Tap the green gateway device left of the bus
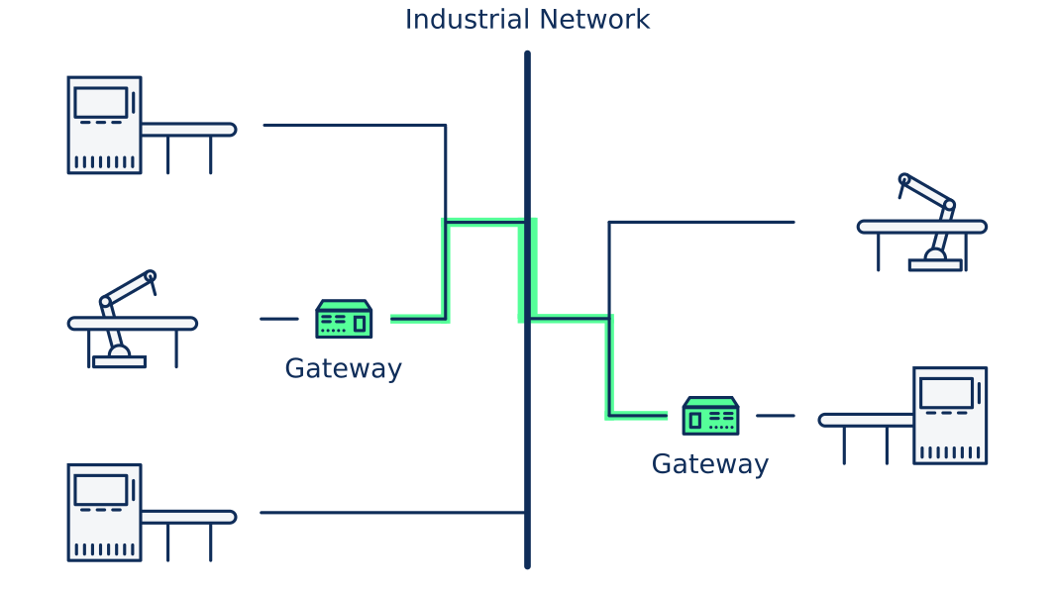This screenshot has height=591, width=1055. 344,319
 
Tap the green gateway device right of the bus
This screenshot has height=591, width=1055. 710,416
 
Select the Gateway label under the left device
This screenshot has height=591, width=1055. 343,368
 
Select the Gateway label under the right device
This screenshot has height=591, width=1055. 709,464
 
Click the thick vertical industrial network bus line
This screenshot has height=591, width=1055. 527,445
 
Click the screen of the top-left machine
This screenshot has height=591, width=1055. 101,102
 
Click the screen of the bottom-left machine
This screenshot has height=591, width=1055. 101,490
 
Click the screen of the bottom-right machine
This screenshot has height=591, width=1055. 946,392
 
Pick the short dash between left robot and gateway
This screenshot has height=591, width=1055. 278,319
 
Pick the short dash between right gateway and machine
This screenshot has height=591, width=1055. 776,416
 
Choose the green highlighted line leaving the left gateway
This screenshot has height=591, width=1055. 417,319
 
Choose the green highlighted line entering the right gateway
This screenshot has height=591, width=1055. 638,416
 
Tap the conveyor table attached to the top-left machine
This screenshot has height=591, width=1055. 188,130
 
